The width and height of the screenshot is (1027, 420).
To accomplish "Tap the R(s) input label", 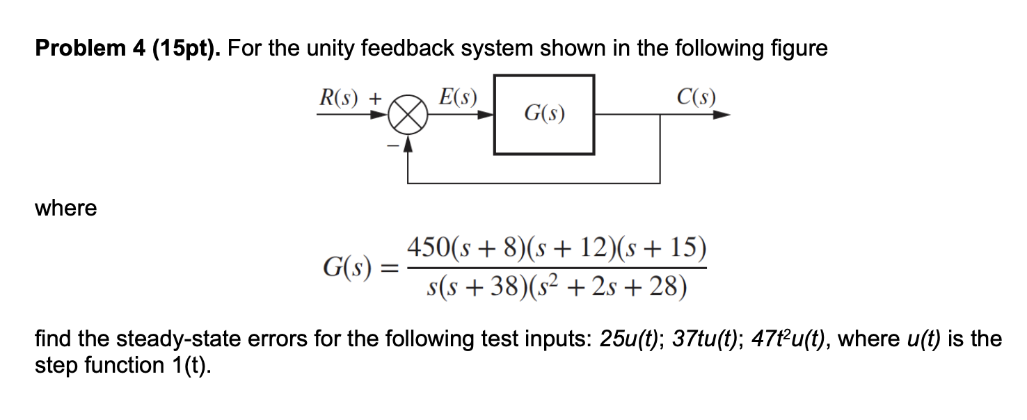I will (x=340, y=97).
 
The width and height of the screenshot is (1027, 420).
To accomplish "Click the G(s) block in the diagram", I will (x=543, y=114).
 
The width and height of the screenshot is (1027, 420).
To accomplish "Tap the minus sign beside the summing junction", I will (x=392, y=145).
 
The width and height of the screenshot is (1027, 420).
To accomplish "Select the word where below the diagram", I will (x=66, y=208).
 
